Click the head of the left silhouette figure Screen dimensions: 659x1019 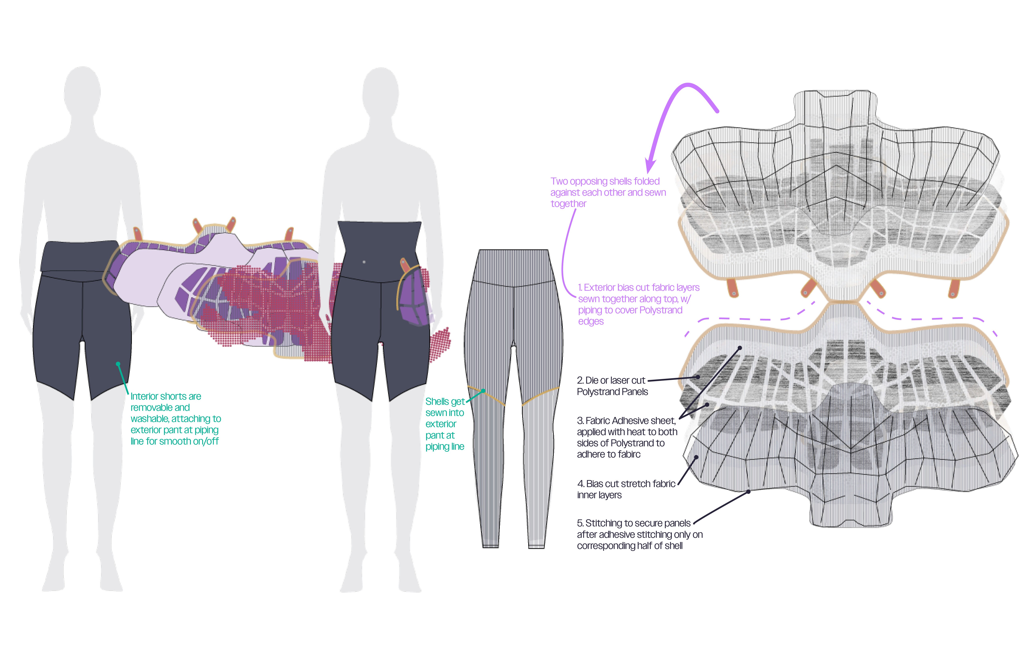82,92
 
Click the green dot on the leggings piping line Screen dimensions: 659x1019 483,391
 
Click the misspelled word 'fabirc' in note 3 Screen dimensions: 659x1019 627,455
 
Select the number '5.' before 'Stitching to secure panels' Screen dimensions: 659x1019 580,523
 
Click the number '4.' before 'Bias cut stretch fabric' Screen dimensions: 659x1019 581,484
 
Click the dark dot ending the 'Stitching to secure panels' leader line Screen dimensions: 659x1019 748,492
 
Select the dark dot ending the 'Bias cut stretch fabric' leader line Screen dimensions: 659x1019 697,457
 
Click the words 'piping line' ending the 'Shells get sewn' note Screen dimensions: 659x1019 444,447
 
